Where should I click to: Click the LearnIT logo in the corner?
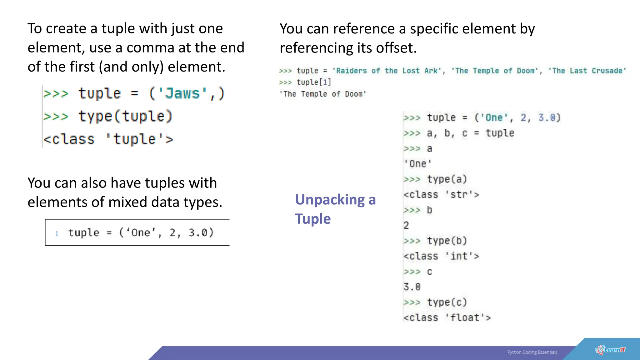pos(610,350)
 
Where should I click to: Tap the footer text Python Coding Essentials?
pos(532,352)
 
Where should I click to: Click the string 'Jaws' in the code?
pos(182,93)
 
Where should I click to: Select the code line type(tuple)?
pos(125,116)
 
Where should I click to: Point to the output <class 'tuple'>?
pos(108,139)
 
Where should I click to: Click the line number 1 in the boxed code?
pos(57,233)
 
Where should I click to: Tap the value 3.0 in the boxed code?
pos(198,233)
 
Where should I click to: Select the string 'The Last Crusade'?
pos(587,71)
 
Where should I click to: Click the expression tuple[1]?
pos(313,82)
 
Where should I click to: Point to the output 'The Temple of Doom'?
pos(323,94)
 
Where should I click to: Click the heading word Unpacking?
pos(330,200)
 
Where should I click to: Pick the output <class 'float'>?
pos(447,318)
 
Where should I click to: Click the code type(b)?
pos(447,241)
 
